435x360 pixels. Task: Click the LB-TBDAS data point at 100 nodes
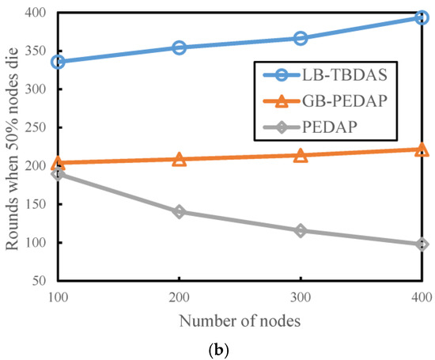tap(58, 62)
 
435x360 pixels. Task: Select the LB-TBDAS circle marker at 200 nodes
tap(180, 47)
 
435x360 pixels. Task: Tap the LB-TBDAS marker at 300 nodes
tap(301, 38)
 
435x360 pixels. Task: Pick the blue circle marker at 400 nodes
tap(422, 17)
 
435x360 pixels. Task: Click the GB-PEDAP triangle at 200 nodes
tap(180, 159)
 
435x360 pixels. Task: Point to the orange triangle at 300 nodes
tap(301, 155)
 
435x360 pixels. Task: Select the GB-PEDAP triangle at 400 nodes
tap(422, 149)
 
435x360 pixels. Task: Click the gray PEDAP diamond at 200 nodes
tap(180, 212)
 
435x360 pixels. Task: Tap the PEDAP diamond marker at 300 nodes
tap(301, 230)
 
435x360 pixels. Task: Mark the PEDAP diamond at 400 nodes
tap(422, 244)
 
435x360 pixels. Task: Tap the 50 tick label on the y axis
tap(40, 281)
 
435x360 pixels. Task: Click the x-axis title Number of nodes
tap(239, 320)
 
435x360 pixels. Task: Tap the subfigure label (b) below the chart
tap(240, 349)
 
